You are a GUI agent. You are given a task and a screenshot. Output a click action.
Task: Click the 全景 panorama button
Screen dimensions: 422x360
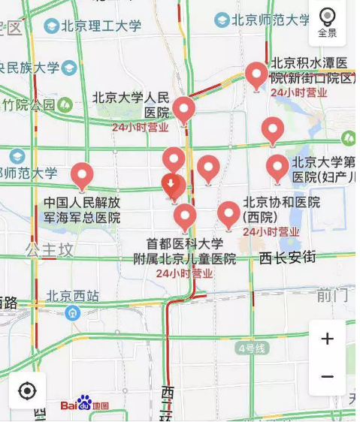pyautogui.click(x=327, y=23)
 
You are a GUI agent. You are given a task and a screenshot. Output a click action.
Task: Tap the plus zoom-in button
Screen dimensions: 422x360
pyautogui.click(x=327, y=339)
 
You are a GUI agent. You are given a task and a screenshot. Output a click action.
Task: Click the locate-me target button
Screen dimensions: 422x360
pyautogui.click(x=28, y=390)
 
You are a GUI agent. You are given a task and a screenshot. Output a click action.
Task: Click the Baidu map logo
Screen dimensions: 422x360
pyautogui.click(x=84, y=404)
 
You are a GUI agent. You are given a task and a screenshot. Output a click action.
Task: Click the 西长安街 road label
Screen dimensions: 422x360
pyautogui.click(x=287, y=258)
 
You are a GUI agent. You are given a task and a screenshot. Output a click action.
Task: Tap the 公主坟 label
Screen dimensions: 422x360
pyautogui.click(x=50, y=247)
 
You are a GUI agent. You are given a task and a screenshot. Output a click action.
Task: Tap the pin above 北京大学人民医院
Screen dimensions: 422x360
pyautogui.click(x=183, y=110)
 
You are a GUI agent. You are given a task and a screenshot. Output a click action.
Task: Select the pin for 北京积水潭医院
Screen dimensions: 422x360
pyautogui.click(x=256, y=75)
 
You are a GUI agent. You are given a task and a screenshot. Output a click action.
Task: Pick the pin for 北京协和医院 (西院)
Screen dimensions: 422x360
pyautogui.click(x=228, y=215)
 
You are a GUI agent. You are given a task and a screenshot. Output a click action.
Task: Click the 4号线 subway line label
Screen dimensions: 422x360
pyautogui.click(x=251, y=348)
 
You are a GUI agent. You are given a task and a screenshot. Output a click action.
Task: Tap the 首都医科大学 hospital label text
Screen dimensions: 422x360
pyautogui.click(x=185, y=244)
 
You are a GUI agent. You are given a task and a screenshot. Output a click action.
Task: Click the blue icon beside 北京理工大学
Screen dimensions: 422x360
pyautogui.click(x=51, y=26)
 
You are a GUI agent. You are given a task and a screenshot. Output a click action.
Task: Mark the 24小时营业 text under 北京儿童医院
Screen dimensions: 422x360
pyautogui.click(x=185, y=273)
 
